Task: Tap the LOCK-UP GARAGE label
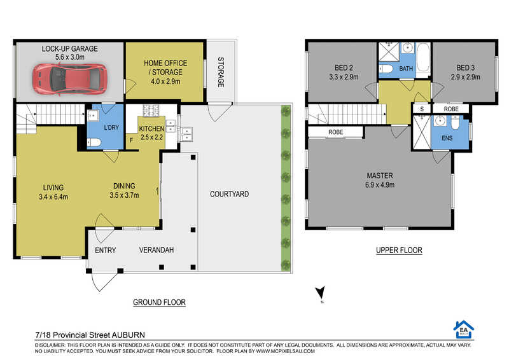pyautogui.click(x=69, y=49)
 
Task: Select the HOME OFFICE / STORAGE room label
pyautogui.click(x=165, y=67)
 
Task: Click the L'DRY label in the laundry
pyautogui.click(x=111, y=128)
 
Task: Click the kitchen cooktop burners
pyautogui.click(x=151, y=111)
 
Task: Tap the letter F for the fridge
pyautogui.click(x=132, y=141)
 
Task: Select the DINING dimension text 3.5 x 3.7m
pyautogui.click(x=124, y=195)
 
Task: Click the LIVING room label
pyautogui.click(x=53, y=188)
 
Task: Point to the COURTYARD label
pyautogui.click(x=229, y=194)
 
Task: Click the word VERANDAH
pyautogui.click(x=157, y=250)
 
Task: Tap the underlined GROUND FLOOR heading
pyautogui.click(x=160, y=303)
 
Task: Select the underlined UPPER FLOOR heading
pyautogui.click(x=400, y=250)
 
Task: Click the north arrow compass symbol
pyautogui.click(x=321, y=293)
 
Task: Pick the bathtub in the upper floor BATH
pyautogui.click(x=423, y=58)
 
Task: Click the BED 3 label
pyautogui.click(x=466, y=68)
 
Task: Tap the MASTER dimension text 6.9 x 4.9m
pyautogui.click(x=380, y=185)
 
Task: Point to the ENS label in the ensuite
pyautogui.click(x=447, y=138)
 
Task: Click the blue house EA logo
pyautogui.click(x=464, y=330)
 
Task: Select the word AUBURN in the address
pyautogui.click(x=129, y=335)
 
